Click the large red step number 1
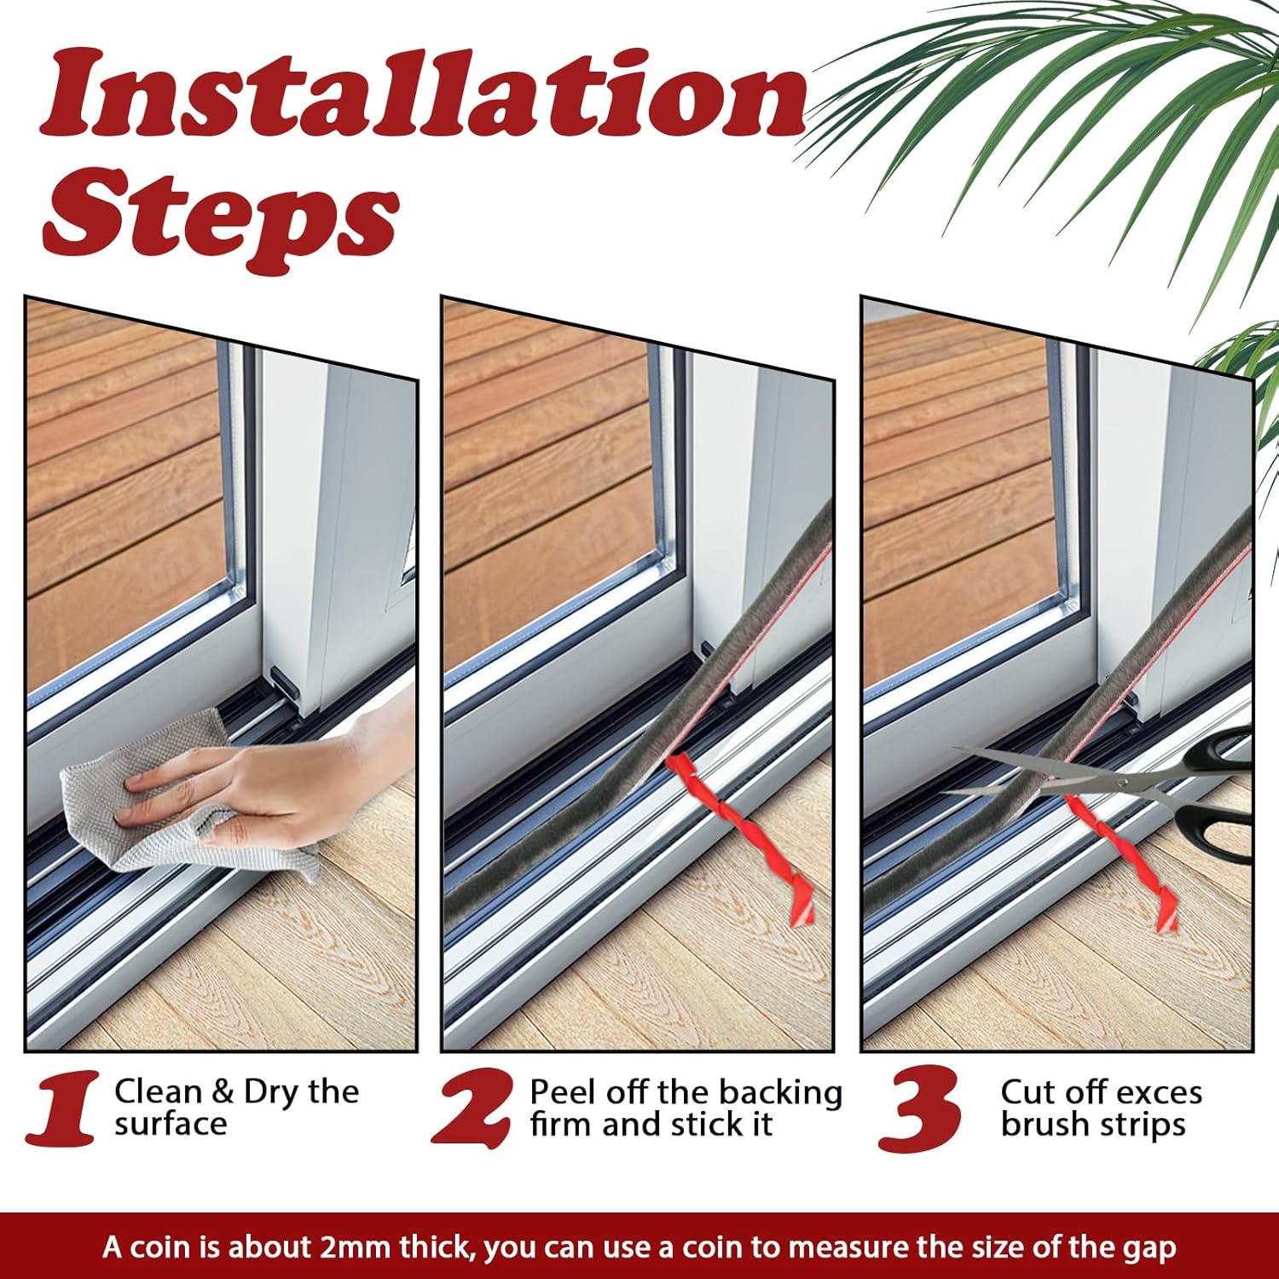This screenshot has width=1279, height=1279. coord(64,1108)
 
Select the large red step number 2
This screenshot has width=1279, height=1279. coord(473,1108)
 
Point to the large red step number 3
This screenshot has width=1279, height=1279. coord(920,1108)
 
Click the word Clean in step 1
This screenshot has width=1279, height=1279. coord(157,1091)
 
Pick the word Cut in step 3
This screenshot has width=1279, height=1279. coord(1027,1092)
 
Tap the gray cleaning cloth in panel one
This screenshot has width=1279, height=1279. coord(171,793)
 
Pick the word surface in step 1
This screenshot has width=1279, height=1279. coord(171,1125)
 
